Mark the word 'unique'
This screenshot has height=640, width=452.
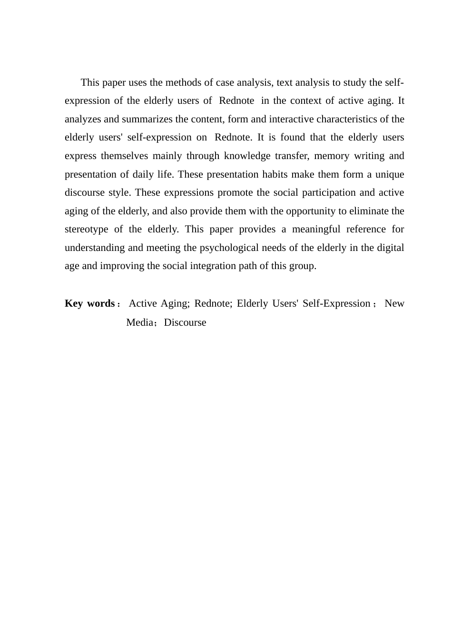pos(390,174)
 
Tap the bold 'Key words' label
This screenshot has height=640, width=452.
pos(89,303)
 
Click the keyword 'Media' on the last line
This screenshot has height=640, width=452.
pos(140,322)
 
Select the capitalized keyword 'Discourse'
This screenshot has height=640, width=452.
pos(185,322)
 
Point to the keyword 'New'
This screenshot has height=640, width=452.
pos(394,303)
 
